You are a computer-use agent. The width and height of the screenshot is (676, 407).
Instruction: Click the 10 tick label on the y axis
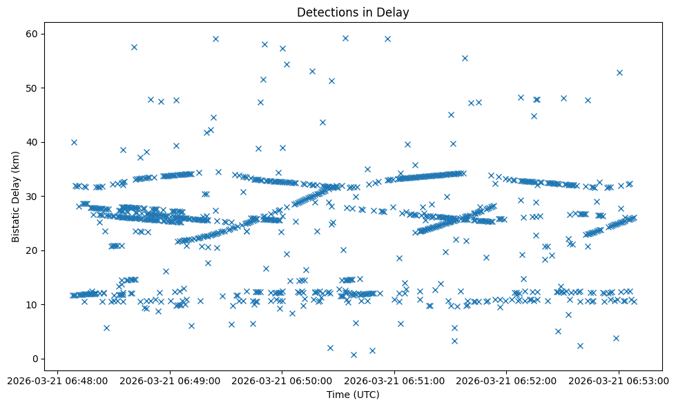[32, 304]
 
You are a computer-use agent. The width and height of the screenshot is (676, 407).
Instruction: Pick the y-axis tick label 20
[32, 250]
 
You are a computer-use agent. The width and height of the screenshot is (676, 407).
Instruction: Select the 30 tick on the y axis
[32, 197]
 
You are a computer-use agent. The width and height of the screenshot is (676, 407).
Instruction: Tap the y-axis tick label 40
[32, 142]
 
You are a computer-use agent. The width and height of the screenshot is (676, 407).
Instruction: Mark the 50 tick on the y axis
[32, 88]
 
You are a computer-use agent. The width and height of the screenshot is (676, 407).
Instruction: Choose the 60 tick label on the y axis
[32, 34]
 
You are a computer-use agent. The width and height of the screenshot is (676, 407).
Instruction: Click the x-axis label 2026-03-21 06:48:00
[57, 380]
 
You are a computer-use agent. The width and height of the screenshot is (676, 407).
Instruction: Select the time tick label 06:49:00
[170, 380]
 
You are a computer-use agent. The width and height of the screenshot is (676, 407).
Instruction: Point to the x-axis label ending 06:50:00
[282, 380]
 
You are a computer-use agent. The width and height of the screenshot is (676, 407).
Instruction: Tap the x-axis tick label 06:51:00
[394, 380]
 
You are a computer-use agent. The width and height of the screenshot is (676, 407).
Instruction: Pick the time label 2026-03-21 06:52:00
[507, 380]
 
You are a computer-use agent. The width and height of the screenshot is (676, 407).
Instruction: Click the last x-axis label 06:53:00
[619, 380]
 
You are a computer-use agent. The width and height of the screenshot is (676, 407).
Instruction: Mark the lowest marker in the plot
[354, 355]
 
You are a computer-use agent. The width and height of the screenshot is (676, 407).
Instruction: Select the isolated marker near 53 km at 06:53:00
[619, 72]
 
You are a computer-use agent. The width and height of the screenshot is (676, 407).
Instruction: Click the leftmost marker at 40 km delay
[74, 142]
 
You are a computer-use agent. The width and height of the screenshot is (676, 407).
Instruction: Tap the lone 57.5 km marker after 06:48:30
[134, 47]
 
